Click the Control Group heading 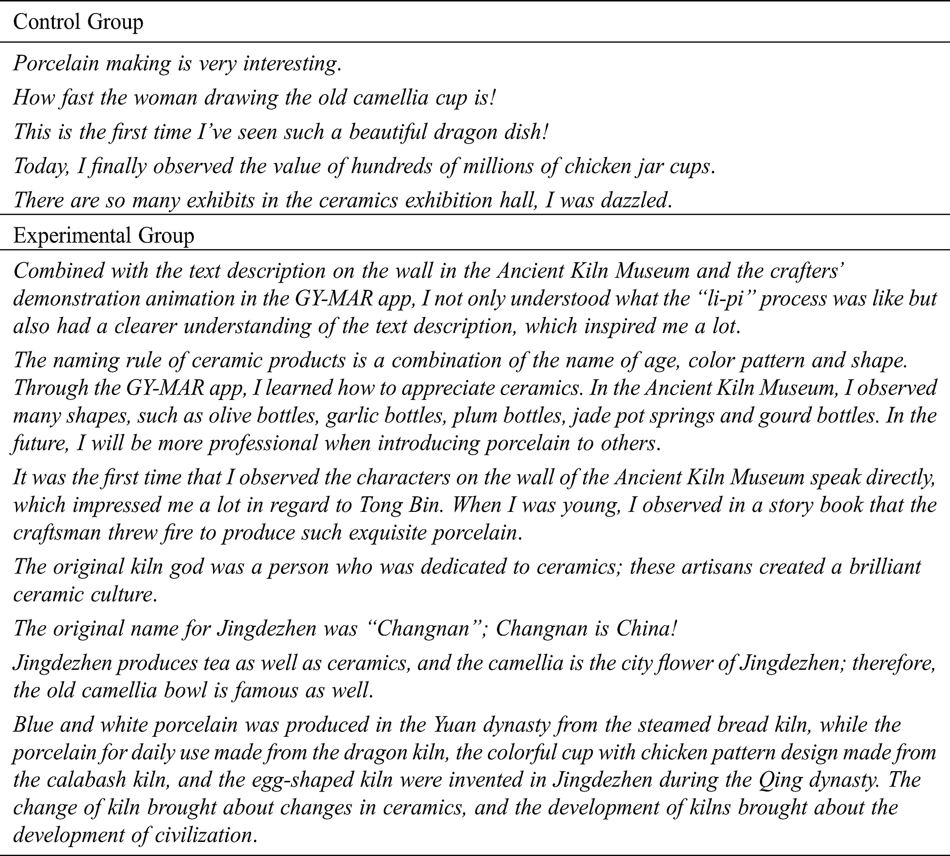(x=78, y=23)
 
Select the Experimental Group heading (x=103, y=236)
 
